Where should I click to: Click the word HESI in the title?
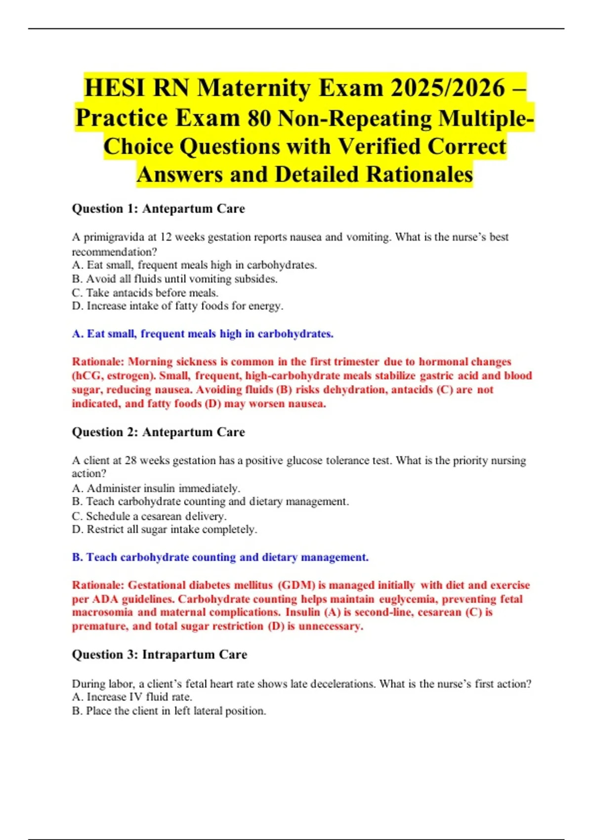pyautogui.click(x=115, y=88)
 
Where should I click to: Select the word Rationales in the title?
pyautogui.click(x=419, y=174)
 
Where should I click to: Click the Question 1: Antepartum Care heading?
pyautogui.click(x=158, y=209)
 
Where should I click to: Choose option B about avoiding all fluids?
pyautogui.click(x=174, y=279)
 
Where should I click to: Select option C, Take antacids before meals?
pyautogui.click(x=145, y=293)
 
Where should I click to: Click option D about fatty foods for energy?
pyautogui.click(x=177, y=306)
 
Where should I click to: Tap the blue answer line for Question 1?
pyautogui.click(x=203, y=334)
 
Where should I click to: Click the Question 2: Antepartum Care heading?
pyautogui.click(x=158, y=432)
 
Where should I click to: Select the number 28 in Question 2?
pyautogui.click(x=130, y=461)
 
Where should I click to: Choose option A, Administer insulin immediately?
pyautogui.click(x=156, y=488)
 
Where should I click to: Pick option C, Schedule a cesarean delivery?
pyautogui.click(x=149, y=516)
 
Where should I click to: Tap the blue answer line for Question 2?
pyautogui.click(x=220, y=557)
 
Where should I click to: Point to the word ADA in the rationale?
pyautogui.click(x=104, y=599)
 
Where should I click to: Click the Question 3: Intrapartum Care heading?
pyautogui.click(x=159, y=655)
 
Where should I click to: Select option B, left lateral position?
pyautogui.click(x=169, y=711)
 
